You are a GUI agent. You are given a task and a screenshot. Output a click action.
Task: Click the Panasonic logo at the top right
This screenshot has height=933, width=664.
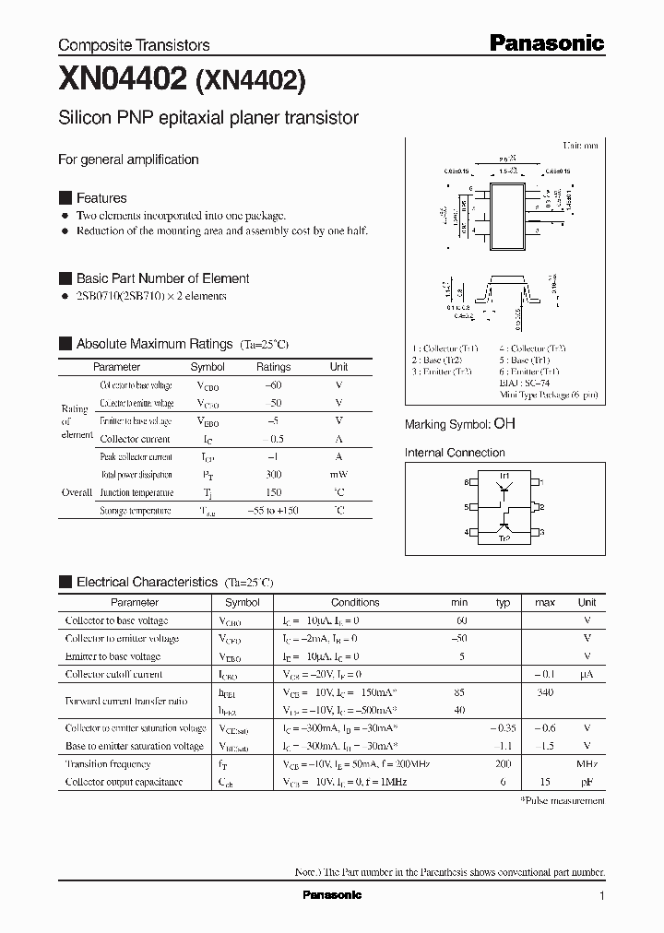tap(546, 42)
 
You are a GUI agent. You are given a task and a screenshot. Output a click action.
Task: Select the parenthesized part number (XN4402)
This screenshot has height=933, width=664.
tap(249, 82)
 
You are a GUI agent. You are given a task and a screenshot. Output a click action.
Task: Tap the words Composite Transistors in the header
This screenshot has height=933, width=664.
tap(134, 45)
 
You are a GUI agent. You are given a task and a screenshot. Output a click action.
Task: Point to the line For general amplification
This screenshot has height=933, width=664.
tap(128, 159)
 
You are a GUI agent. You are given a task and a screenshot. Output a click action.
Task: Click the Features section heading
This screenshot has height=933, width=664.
tap(101, 198)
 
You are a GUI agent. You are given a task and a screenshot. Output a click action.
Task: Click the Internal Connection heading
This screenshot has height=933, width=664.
tap(455, 453)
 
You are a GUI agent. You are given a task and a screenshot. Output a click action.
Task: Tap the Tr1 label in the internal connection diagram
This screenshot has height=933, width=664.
tap(504, 475)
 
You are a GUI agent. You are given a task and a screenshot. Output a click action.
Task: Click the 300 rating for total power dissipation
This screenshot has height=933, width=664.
tap(273, 475)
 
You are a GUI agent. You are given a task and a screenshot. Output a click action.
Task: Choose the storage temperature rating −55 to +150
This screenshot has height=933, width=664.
tap(273, 511)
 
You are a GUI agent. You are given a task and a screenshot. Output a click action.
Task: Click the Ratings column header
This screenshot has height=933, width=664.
tap(273, 367)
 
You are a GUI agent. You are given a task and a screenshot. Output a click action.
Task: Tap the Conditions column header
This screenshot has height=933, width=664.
tap(355, 602)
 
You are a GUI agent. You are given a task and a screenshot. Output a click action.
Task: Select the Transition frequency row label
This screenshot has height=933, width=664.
tap(108, 764)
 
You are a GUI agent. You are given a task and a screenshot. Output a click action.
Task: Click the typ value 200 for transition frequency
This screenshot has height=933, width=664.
tap(503, 764)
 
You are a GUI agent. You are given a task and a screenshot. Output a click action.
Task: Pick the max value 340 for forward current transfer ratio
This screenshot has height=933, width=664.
tap(545, 692)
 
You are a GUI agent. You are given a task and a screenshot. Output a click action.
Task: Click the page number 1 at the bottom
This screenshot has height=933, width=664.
tap(602, 895)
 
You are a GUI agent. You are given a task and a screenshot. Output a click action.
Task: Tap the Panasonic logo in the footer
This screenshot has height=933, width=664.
tap(332, 895)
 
